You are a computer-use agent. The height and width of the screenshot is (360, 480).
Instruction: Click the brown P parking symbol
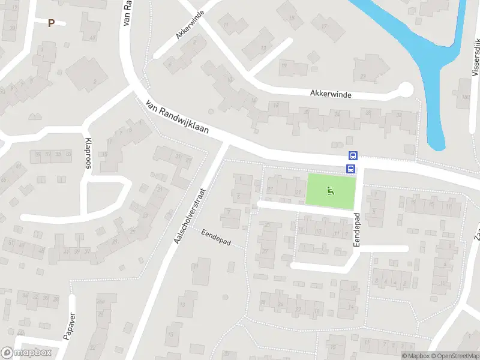[51, 23]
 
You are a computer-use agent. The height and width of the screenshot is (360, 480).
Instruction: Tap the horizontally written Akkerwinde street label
[331, 94]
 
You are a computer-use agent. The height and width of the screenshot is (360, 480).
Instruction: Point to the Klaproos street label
[89, 154]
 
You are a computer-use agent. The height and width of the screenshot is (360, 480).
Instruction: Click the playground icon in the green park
[331, 191]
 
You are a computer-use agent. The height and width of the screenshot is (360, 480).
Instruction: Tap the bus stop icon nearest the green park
[351, 169]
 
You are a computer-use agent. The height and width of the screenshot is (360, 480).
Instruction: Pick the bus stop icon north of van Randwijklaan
[352, 155]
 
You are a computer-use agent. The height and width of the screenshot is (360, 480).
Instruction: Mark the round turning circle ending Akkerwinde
[406, 90]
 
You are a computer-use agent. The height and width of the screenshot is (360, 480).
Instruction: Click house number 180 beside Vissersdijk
[464, 97]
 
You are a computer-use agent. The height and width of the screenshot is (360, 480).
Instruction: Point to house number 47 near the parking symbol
[92, 38]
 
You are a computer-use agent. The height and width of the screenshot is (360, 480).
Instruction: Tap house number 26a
[100, 299]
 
